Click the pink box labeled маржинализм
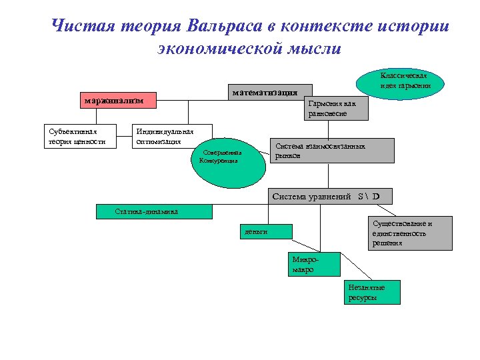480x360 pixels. (x=114, y=101)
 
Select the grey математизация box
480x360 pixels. (x=265, y=91)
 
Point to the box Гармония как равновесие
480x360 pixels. (x=336, y=109)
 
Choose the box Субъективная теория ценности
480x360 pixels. (x=79, y=136)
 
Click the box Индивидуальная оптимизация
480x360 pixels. (x=173, y=136)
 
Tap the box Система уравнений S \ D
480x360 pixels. (x=331, y=196)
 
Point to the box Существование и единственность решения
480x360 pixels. (x=401, y=233)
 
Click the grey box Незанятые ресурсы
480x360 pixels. (x=373, y=292)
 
